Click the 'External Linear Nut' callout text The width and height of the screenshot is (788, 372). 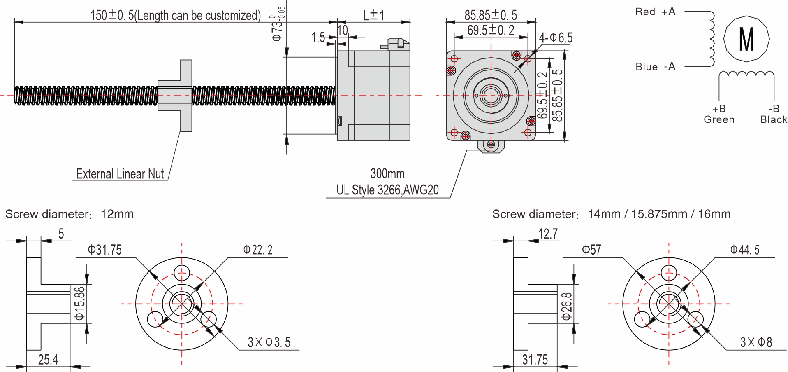[x=120, y=174]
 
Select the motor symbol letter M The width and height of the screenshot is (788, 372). [x=746, y=40]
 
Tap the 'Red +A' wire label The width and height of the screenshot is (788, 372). [x=655, y=12]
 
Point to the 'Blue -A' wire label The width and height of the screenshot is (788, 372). [x=655, y=67]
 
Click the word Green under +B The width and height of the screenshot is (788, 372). [x=718, y=119]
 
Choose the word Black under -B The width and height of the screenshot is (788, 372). [x=773, y=119]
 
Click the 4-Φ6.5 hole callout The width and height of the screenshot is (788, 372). [x=555, y=38]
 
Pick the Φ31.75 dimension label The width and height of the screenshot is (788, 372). [x=104, y=250]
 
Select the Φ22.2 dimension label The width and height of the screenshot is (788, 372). [x=257, y=250]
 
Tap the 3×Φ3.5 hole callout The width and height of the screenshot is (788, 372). [x=269, y=342]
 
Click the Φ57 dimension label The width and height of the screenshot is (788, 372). [x=591, y=250]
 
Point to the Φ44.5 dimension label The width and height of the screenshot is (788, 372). [x=744, y=250]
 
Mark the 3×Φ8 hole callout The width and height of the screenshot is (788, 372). [x=756, y=342]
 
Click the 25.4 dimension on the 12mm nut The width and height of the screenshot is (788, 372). [x=48, y=360]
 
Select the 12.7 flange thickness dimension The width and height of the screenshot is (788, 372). [x=548, y=234]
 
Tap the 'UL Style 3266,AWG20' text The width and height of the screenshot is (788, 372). [x=387, y=190]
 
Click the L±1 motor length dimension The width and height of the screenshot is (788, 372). [x=373, y=16]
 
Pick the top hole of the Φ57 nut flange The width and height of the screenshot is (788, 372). [x=669, y=273]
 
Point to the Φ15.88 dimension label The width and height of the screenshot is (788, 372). [x=80, y=304]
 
